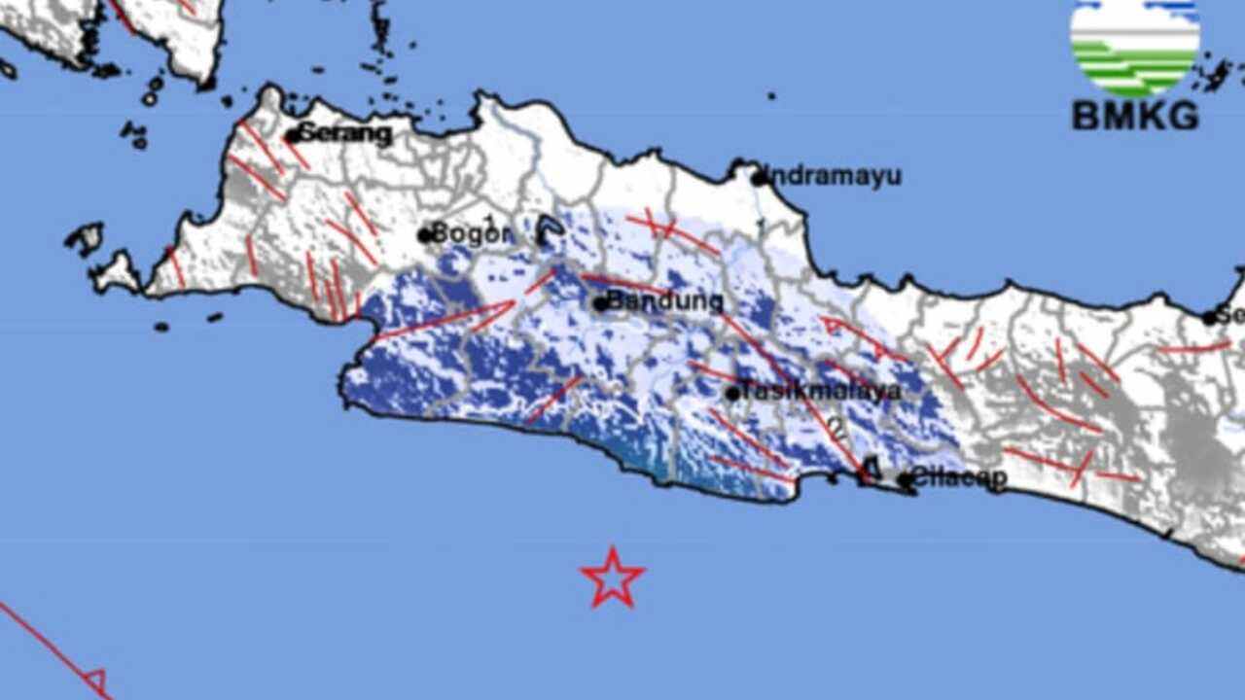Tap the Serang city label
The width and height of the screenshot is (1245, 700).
pyautogui.click(x=345, y=133)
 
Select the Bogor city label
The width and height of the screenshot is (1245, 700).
pyautogui.click(x=471, y=233)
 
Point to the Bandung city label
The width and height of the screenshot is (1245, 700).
pyautogui.click(x=664, y=301)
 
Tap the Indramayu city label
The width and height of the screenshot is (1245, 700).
pyautogui.click(x=834, y=177)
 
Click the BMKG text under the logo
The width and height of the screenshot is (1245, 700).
pyautogui.click(x=1134, y=117)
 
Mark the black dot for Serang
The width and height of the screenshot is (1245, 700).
pyautogui.click(x=292, y=136)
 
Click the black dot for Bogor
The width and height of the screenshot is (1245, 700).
pyautogui.click(x=425, y=234)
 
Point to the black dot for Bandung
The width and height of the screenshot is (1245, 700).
pyautogui.click(x=601, y=303)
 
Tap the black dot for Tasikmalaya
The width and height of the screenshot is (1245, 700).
pyautogui.click(x=732, y=394)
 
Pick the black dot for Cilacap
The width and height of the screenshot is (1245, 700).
pyautogui.click(x=905, y=479)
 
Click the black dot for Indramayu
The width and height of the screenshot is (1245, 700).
pyautogui.click(x=759, y=178)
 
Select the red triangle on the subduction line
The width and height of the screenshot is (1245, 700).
pyautogui.click(x=95, y=680)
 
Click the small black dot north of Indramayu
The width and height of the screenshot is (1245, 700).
pyautogui.click(x=770, y=96)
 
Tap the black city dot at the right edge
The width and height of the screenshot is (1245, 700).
pyautogui.click(x=1210, y=317)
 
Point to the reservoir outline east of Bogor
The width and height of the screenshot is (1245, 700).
pyautogui.click(x=550, y=230)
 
